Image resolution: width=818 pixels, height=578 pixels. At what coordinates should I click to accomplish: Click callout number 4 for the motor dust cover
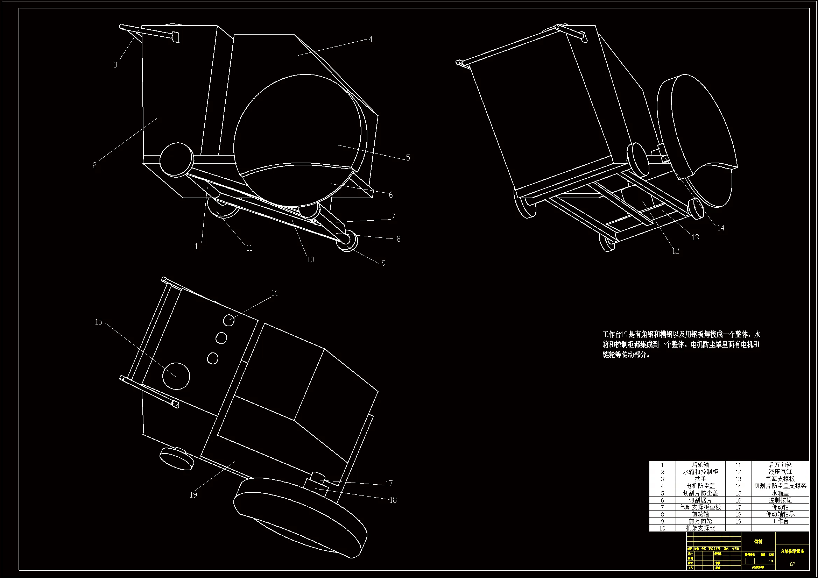[371, 39]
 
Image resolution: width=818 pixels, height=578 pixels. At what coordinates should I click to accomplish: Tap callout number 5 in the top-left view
[408, 158]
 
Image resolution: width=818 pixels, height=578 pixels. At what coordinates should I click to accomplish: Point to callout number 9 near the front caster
[383, 263]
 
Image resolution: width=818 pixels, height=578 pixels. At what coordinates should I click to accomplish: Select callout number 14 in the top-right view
[721, 228]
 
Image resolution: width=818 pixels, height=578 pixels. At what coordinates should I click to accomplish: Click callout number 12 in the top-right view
[676, 251]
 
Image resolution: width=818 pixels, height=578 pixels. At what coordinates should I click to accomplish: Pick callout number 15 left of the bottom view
[98, 322]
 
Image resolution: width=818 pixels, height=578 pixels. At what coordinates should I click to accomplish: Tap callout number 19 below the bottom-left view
[193, 495]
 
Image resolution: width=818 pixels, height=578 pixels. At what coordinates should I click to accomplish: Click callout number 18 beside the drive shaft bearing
[393, 500]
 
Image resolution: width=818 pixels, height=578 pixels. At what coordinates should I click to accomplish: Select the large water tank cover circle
[176, 377]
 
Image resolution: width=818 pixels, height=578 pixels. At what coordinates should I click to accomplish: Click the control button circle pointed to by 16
[229, 320]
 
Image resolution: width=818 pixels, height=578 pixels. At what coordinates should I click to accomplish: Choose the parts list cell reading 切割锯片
[700, 500]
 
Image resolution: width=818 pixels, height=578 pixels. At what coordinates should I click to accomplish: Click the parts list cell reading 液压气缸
[780, 472]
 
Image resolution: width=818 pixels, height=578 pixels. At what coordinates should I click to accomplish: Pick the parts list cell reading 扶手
[700, 479]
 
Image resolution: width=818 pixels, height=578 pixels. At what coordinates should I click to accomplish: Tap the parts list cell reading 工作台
[780, 521]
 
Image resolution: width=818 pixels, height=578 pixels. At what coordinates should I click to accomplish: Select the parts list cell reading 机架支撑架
[700, 528]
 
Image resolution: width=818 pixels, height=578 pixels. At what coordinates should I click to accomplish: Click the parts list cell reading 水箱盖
[780, 493]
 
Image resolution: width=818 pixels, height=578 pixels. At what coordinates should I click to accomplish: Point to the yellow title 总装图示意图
[792, 551]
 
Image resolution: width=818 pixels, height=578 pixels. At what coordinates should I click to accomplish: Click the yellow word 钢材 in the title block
[758, 542]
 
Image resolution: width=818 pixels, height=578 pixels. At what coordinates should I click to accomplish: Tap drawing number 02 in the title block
[792, 564]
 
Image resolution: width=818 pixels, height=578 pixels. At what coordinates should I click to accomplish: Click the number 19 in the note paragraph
[624, 334]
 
